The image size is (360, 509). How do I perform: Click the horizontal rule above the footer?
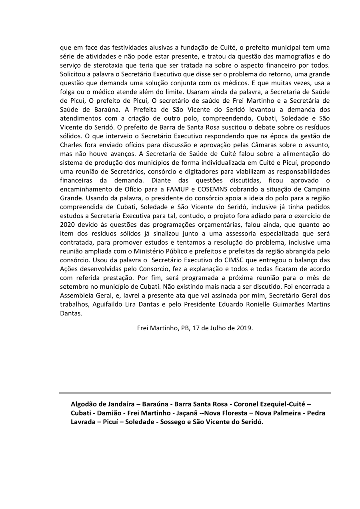coord(195,393)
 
